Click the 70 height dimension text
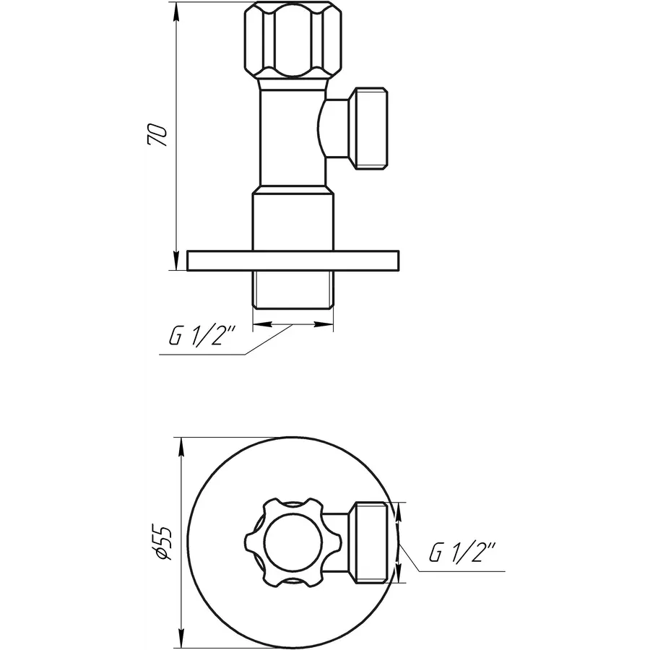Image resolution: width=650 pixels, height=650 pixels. click(158, 136)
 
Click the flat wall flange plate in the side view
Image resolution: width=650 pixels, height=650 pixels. click(292, 261)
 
